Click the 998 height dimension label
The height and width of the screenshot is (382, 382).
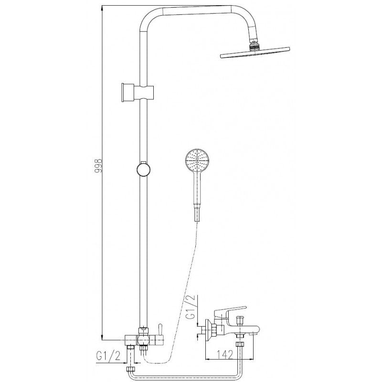[x=99, y=166]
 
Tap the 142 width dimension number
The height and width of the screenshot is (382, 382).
[x=224, y=354]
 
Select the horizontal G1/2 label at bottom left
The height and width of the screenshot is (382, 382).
[x=109, y=356]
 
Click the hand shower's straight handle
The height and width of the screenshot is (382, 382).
[x=197, y=188]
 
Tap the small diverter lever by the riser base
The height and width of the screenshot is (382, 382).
[x=159, y=334]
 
